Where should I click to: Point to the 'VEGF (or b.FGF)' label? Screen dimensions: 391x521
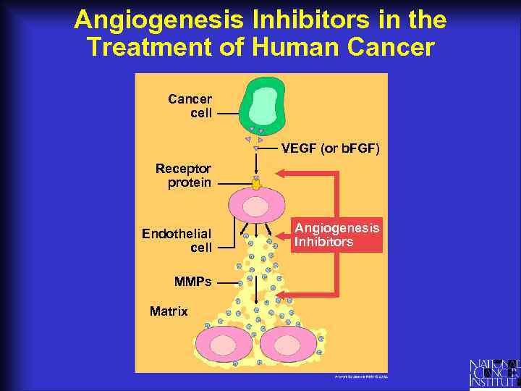(330, 148)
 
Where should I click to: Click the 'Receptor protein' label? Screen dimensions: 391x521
(184, 175)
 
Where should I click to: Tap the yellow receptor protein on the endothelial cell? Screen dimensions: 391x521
(256, 183)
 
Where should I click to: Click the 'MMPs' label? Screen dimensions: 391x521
(192, 282)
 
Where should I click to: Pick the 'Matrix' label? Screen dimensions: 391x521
(169, 311)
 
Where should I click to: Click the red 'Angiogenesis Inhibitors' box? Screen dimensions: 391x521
(336, 235)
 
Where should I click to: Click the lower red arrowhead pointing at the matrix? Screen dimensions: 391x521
(281, 295)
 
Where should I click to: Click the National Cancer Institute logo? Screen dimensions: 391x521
(494, 372)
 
